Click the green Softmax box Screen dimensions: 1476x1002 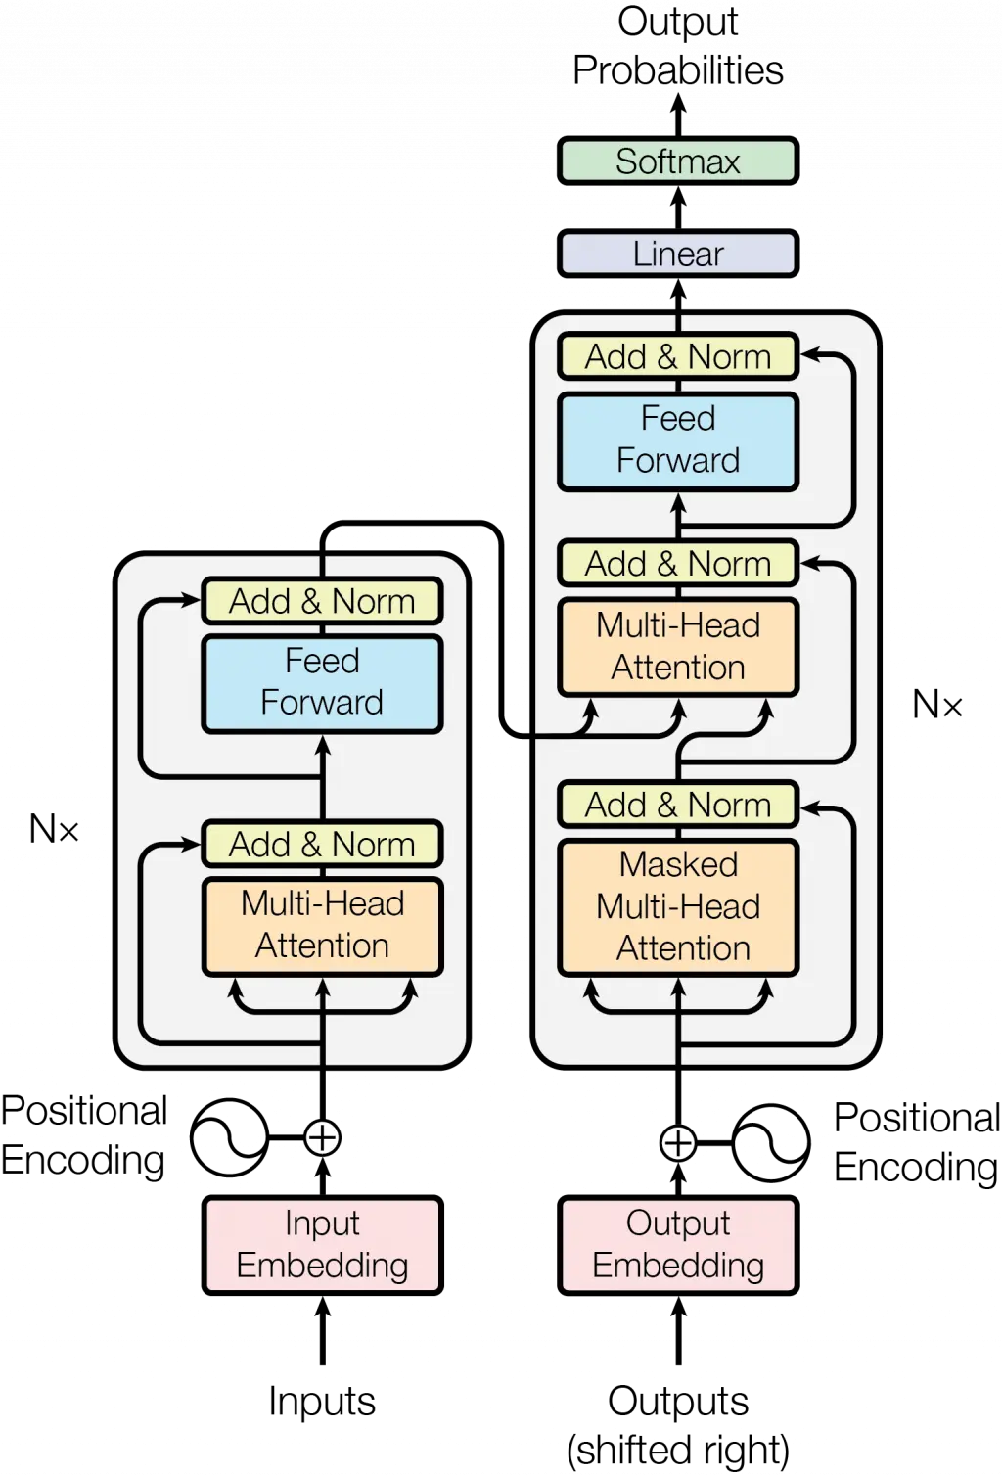pyautogui.click(x=677, y=161)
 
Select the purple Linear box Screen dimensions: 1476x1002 pyautogui.click(x=677, y=254)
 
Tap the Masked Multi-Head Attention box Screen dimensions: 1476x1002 pyautogui.click(x=678, y=907)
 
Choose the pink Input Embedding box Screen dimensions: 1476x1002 pyautogui.click(x=322, y=1244)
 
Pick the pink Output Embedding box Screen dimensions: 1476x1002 pyautogui.click(x=678, y=1244)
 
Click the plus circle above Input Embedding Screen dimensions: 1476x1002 pyautogui.click(x=322, y=1137)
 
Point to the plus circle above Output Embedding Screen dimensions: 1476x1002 pyautogui.click(x=678, y=1141)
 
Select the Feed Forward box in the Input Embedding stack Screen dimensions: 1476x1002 pyautogui.click(x=322, y=682)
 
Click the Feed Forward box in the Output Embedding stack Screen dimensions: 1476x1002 pyautogui.click(x=678, y=440)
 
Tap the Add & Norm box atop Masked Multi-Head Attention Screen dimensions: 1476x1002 pyautogui.click(x=678, y=805)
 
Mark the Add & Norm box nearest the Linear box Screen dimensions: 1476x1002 pyautogui.click(x=678, y=356)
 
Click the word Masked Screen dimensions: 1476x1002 pyautogui.click(x=678, y=864)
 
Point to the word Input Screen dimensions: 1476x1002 pyautogui.click(x=322, y=1222)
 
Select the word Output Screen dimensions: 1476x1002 pyautogui.click(x=678, y=1222)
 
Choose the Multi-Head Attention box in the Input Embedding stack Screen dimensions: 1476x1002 pyautogui.click(x=322, y=925)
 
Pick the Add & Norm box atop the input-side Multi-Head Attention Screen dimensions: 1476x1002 pyautogui.click(x=322, y=844)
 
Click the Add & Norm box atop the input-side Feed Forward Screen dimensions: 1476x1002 pyautogui.click(x=322, y=601)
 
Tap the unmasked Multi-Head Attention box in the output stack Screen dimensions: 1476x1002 pyautogui.click(x=678, y=647)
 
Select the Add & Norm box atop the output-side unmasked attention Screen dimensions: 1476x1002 pyautogui.click(x=678, y=564)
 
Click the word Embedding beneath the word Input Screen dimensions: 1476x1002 pyautogui.click(x=322, y=1266)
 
